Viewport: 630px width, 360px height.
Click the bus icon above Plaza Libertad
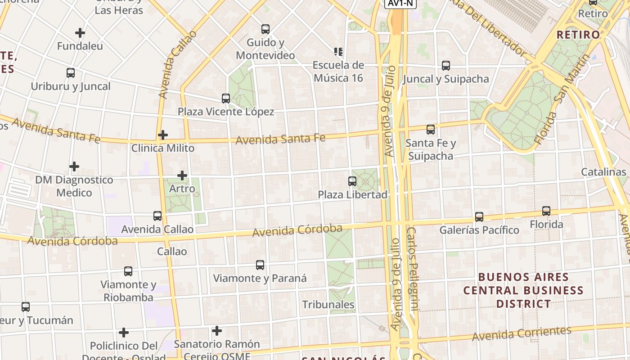[352, 181]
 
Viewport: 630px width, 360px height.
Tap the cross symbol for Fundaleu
[80, 33]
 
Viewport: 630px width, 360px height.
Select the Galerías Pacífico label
[479, 230]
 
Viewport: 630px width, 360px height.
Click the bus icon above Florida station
[546, 211]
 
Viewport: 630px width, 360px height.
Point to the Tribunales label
[328, 305]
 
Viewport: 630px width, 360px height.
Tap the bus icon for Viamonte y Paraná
[260, 265]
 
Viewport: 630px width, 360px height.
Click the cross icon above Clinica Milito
[163, 135]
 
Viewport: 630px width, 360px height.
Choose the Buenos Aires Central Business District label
[523, 290]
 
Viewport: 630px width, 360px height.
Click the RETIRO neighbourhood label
[578, 35]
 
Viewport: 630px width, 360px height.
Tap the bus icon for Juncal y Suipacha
[446, 66]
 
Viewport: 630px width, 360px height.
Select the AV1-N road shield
[400, 3]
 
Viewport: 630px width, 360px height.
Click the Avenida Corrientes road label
[522, 333]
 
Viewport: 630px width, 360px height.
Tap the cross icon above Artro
[182, 175]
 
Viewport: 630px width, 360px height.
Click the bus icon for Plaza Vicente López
[226, 98]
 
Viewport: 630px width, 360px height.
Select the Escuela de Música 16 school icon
[338, 52]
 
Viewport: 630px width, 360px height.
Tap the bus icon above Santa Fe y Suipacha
[431, 130]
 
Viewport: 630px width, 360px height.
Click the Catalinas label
[603, 172]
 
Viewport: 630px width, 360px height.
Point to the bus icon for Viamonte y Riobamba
[128, 271]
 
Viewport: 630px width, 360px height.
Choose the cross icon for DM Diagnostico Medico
[74, 167]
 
